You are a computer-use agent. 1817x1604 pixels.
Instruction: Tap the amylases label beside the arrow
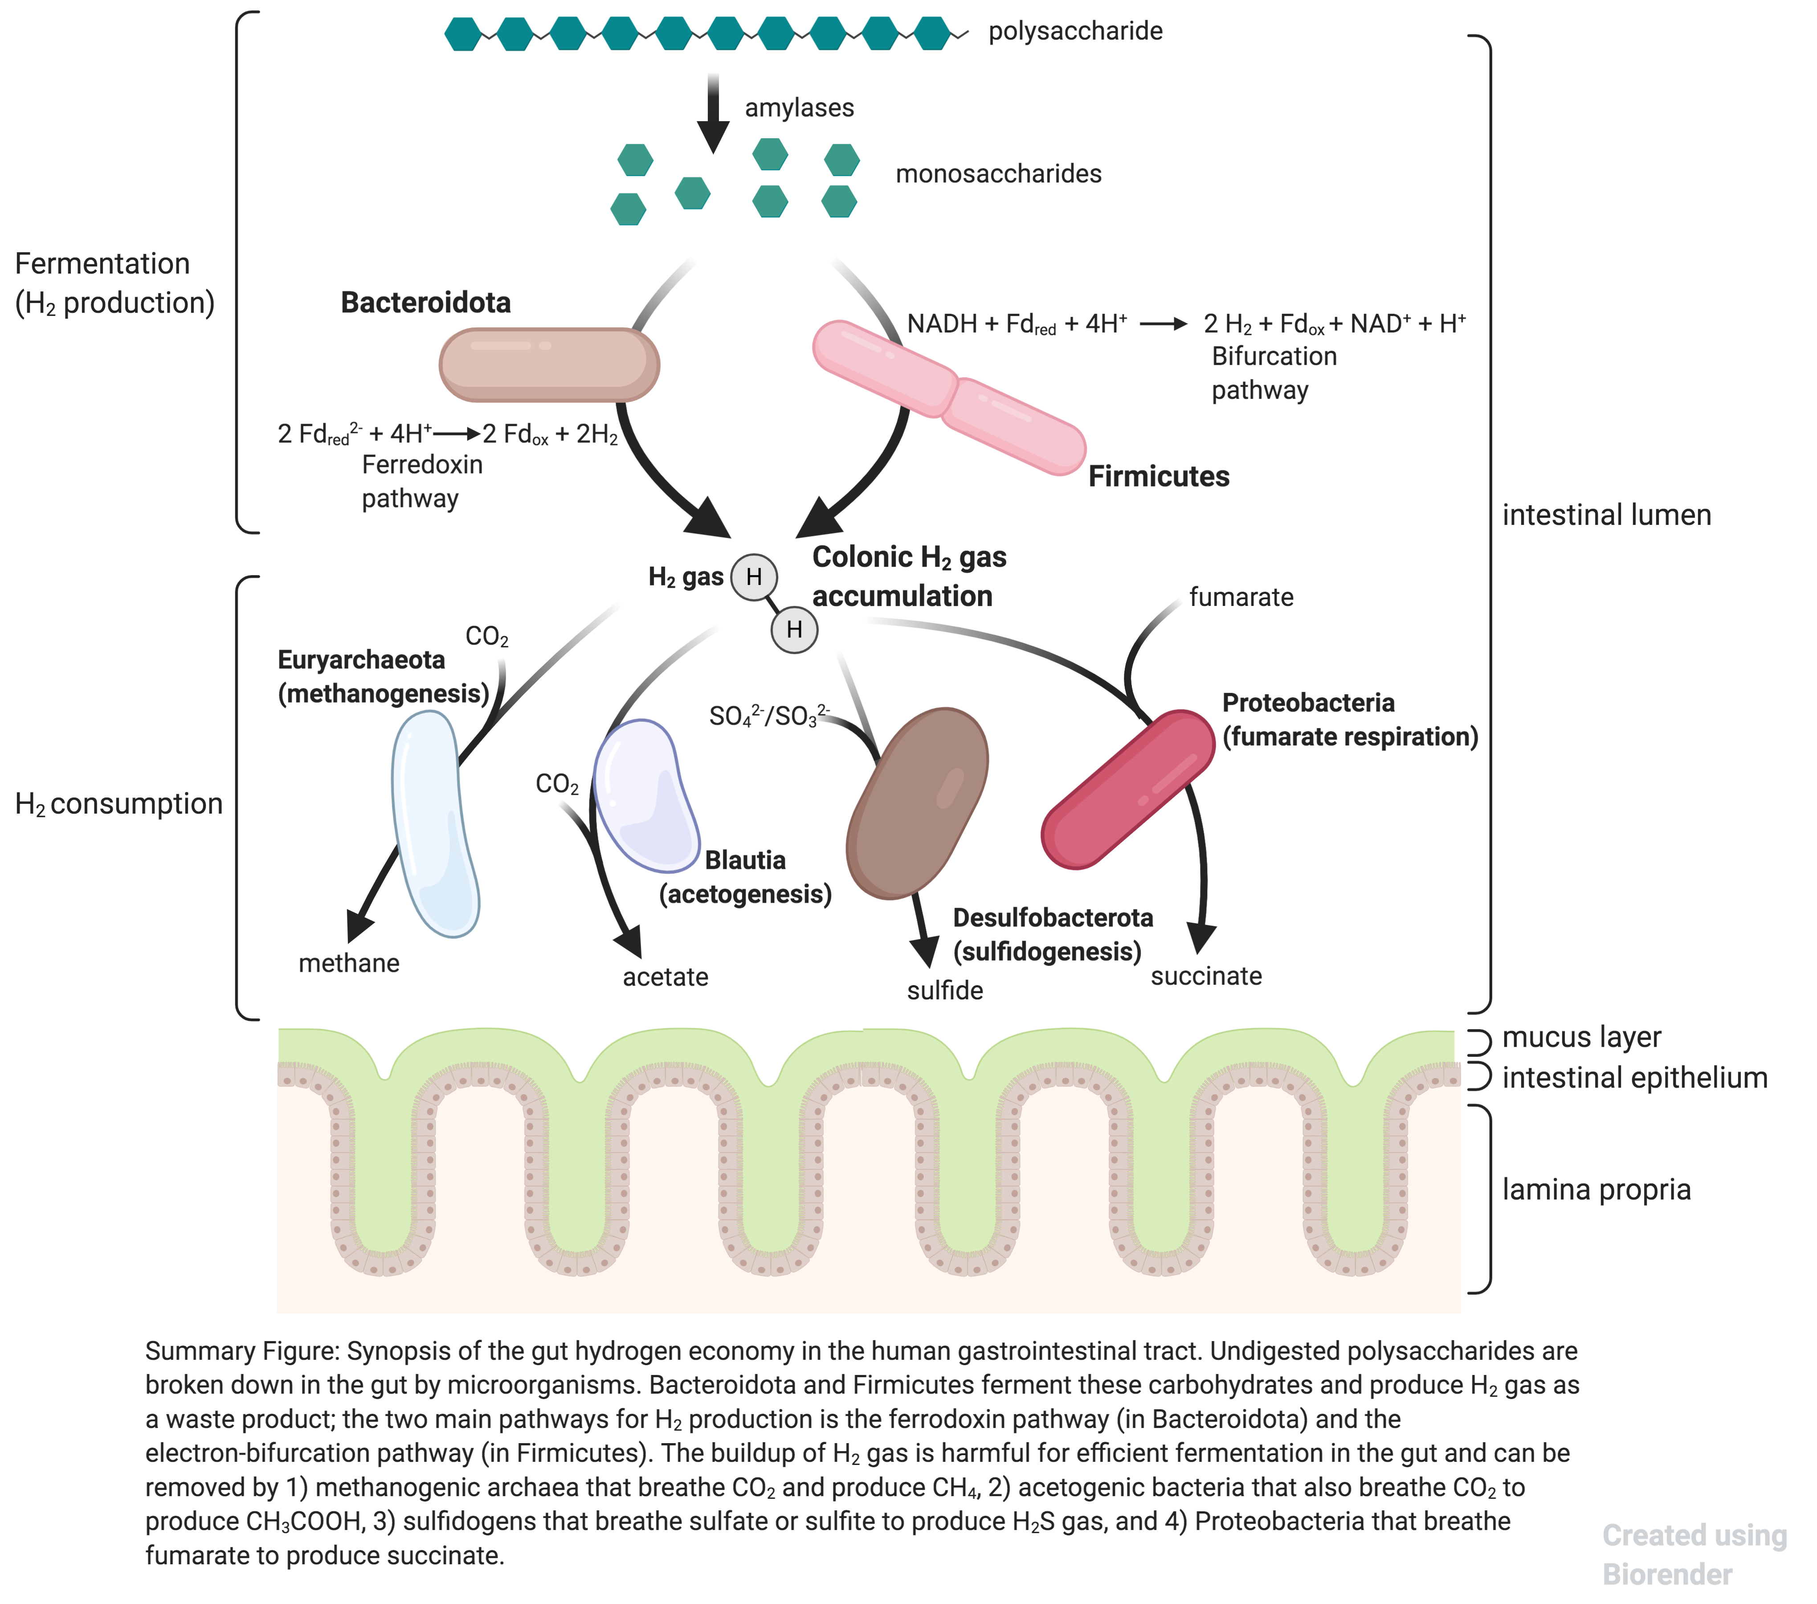click(798, 107)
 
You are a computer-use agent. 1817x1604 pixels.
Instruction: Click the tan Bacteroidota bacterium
click(548, 364)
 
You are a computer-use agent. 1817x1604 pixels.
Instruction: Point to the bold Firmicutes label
click(1158, 477)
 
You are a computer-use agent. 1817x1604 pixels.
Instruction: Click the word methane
click(348, 963)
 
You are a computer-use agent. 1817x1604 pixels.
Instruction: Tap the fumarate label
click(1241, 597)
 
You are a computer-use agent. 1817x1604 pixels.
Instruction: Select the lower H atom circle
click(794, 630)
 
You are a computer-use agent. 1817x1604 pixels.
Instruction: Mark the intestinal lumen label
click(1605, 515)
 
